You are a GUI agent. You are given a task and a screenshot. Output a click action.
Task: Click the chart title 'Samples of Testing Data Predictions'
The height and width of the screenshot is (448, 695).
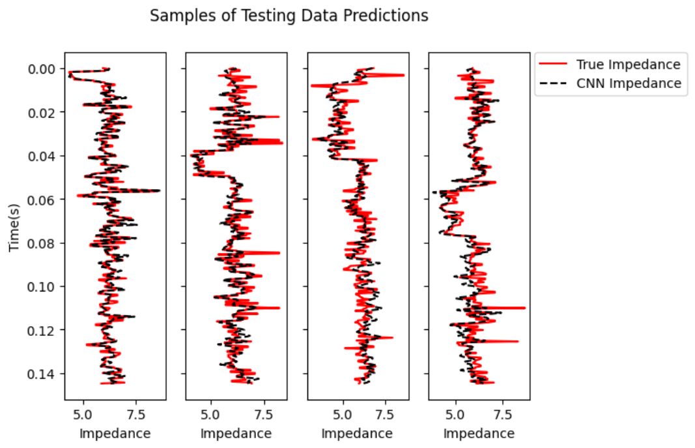tap(289, 16)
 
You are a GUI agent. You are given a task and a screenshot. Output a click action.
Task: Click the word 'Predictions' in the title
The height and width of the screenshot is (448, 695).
tap(391, 16)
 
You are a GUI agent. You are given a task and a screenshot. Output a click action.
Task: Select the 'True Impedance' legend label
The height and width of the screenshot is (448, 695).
tap(628, 64)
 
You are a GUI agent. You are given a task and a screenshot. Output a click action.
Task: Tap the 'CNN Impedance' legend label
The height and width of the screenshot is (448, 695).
tap(629, 83)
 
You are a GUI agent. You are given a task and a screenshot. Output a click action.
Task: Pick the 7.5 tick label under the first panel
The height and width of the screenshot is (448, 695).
tap(135, 413)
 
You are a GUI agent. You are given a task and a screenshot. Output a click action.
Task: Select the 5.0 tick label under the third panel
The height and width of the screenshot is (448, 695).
tap(343, 413)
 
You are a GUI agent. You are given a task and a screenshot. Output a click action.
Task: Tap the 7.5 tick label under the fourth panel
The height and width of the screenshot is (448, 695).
tap(502, 413)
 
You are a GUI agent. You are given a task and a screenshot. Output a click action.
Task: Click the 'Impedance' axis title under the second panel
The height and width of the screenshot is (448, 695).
tap(236, 433)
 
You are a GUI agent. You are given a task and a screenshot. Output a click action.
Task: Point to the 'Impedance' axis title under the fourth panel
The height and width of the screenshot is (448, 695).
tap(479, 433)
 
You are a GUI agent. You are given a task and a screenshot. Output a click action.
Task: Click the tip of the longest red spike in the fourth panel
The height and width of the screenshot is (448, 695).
tap(525, 307)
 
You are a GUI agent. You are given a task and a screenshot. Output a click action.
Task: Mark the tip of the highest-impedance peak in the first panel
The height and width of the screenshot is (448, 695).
tap(160, 190)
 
